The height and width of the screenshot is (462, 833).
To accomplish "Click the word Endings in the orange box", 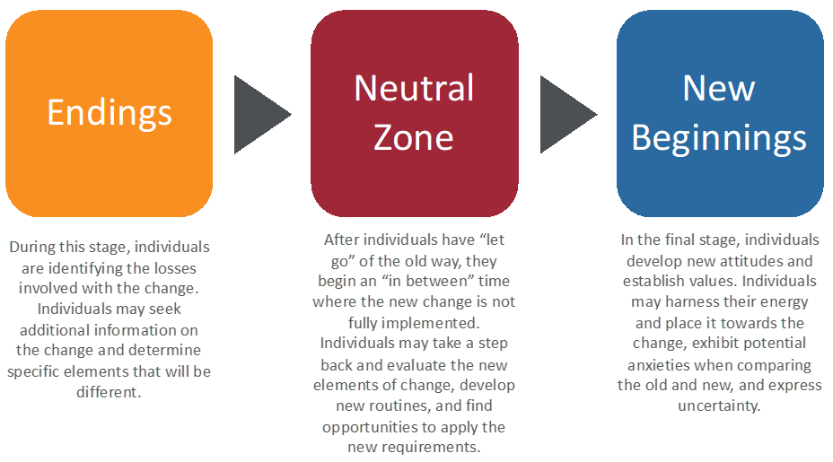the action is pos(110,113).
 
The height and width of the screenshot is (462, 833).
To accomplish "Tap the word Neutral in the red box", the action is pos(414,88).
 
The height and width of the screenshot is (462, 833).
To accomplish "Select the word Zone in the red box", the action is pos(413,137).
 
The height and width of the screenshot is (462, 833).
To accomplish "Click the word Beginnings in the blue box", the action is pos(719,139).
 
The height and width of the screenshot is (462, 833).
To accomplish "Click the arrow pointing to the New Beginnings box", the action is pos(568,114).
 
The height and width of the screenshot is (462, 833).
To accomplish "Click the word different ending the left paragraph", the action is pos(108,392).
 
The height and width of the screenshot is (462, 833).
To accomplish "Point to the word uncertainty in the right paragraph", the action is pos(719,406).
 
